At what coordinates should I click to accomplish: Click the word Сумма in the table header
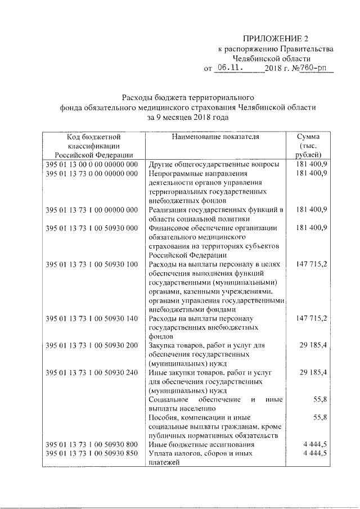click(x=309, y=137)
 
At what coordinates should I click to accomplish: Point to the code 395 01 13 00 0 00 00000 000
click(x=92, y=164)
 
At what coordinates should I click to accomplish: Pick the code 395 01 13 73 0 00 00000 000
click(x=92, y=173)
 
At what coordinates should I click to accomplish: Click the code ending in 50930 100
click(x=92, y=264)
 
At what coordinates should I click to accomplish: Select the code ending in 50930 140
click(x=92, y=318)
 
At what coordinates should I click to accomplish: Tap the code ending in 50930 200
click(x=92, y=345)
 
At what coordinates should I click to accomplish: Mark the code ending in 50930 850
click(x=92, y=454)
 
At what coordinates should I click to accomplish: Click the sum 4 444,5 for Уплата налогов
click(x=315, y=454)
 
